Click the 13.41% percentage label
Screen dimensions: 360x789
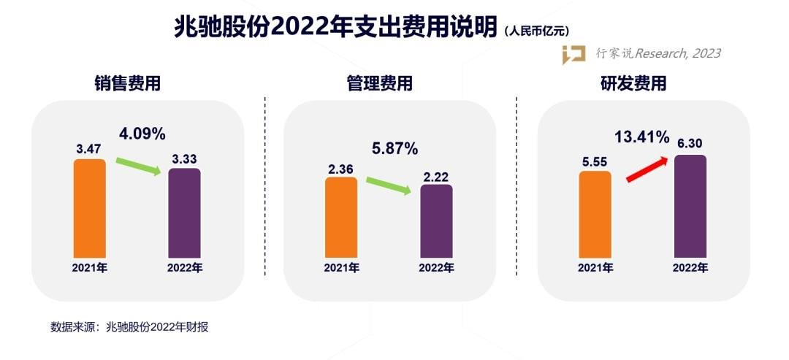point(641,137)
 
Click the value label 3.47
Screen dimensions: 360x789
point(89,148)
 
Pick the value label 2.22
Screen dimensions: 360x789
point(436,174)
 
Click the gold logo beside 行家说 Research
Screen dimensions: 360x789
point(573,55)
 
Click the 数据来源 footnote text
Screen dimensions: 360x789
point(129,326)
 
